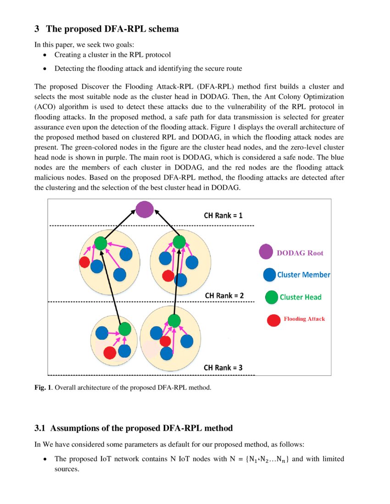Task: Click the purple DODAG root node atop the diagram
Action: click(x=145, y=209)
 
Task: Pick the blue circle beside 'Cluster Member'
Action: click(x=270, y=275)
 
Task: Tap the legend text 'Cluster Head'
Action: click(x=301, y=297)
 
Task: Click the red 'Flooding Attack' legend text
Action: click(x=304, y=319)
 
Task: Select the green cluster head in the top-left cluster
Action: click(x=100, y=243)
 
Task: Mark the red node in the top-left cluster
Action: click(x=84, y=262)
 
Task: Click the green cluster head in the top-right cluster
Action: click(x=179, y=242)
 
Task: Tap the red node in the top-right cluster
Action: click(x=168, y=276)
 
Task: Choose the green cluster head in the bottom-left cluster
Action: click(x=124, y=329)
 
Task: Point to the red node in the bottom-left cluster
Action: click(x=110, y=352)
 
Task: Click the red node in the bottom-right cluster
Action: click(x=165, y=341)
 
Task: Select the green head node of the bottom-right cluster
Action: click(x=173, y=320)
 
